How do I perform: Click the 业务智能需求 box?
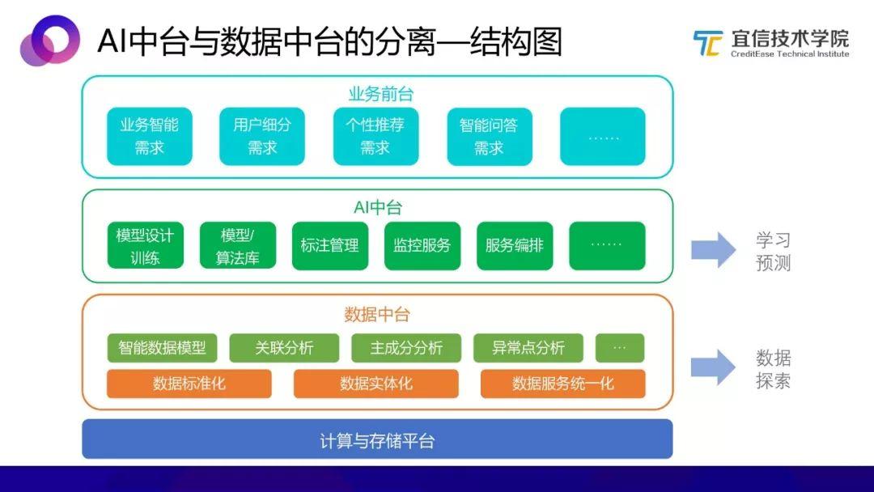150,136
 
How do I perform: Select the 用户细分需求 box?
262,136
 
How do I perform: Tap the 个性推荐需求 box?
375,136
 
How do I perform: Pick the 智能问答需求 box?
489,136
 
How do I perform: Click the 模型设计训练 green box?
146,246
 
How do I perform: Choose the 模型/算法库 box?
238,246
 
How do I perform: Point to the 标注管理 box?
329,246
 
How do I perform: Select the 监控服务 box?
422,246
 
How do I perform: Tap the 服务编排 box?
515,246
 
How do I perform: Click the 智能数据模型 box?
163,348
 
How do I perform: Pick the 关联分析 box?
284,348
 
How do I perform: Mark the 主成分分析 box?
406,348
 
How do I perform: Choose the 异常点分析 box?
528,348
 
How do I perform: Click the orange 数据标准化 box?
189,384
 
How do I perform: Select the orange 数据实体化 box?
376,384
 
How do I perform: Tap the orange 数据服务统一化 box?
563,384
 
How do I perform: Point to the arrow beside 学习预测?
713,250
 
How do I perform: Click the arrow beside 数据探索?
713,368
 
